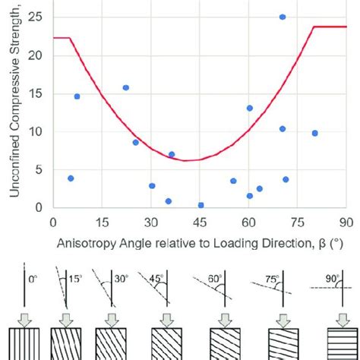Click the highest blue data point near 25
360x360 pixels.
283,17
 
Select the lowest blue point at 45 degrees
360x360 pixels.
201,205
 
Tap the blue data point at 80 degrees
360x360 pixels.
315,133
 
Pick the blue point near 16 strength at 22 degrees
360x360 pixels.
125,87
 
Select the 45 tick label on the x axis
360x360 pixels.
200,222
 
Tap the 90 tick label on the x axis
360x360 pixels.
346,222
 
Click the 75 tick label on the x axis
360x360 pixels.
298,222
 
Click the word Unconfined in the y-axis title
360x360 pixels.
14,163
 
